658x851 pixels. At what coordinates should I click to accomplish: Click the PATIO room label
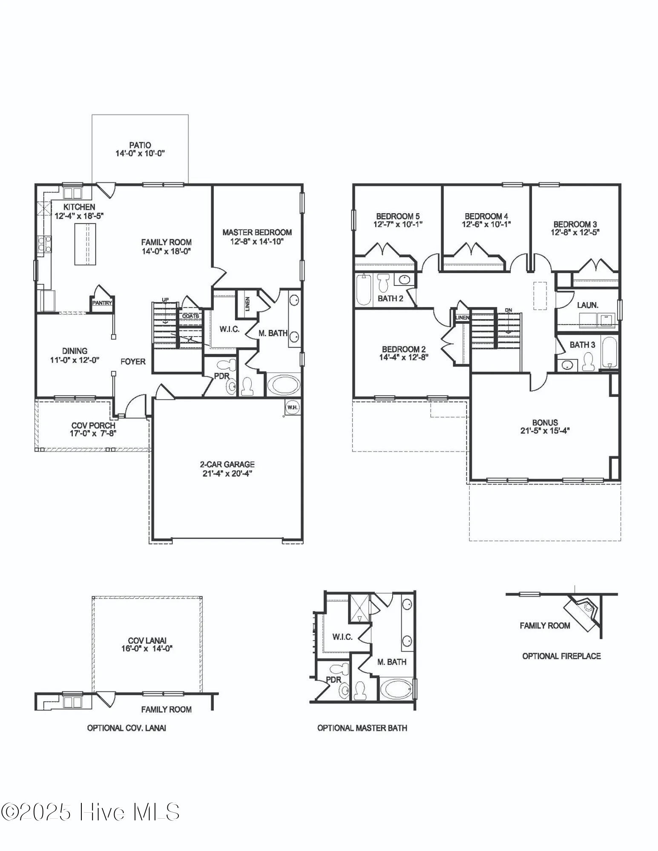tap(140, 145)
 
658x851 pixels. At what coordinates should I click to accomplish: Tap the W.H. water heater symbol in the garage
tap(293, 407)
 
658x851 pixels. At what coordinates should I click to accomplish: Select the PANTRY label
tap(102, 303)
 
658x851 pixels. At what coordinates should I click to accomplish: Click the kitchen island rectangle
tap(85, 244)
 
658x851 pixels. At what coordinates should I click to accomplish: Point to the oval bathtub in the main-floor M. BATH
tap(284, 385)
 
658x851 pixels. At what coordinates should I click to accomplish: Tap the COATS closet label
tap(191, 316)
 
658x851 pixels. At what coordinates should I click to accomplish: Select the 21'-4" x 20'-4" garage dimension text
tap(227, 473)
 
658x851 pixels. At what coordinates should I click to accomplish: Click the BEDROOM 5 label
tap(398, 216)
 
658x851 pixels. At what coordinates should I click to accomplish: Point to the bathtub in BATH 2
tap(363, 290)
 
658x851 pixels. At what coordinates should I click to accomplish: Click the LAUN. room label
tap(588, 305)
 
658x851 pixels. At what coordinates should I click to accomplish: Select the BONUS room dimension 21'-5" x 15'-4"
tap(545, 431)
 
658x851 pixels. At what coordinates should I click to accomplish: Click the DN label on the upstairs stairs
tap(509, 310)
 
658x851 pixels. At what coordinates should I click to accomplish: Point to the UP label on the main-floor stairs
tap(165, 300)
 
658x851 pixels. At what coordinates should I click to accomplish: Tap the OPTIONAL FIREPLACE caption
tap(562, 656)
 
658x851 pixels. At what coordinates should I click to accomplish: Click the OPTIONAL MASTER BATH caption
tap(362, 728)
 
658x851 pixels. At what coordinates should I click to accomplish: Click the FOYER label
tap(133, 362)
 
